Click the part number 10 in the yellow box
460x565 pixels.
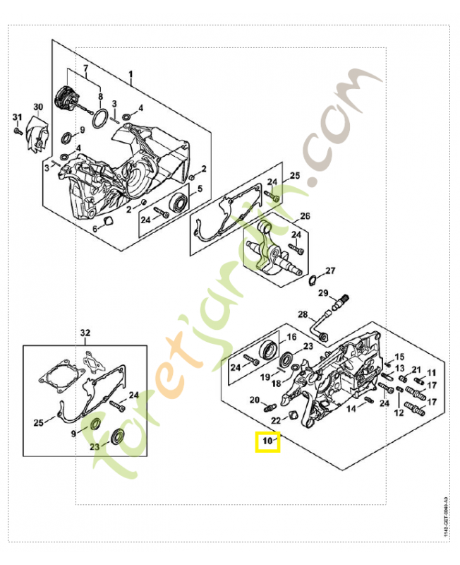(x=267, y=442)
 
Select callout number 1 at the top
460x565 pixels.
(x=131, y=74)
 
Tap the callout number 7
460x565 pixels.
(x=86, y=69)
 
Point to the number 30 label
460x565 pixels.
(x=38, y=107)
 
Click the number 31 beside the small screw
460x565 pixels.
(x=18, y=117)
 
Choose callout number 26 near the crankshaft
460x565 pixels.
(x=305, y=215)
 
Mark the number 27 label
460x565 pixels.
(x=330, y=270)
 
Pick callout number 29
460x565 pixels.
(x=322, y=293)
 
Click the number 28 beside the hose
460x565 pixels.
(x=302, y=314)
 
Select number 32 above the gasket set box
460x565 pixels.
(x=85, y=332)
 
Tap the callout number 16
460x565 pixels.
(x=291, y=337)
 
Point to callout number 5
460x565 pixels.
(x=200, y=189)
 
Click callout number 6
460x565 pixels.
(x=95, y=229)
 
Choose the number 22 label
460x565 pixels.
(x=277, y=420)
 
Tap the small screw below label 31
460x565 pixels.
(x=16, y=131)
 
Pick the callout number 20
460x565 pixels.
(x=254, y=400)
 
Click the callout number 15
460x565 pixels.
(x=399, y=357)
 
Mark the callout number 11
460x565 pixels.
(x=431, y=372)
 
